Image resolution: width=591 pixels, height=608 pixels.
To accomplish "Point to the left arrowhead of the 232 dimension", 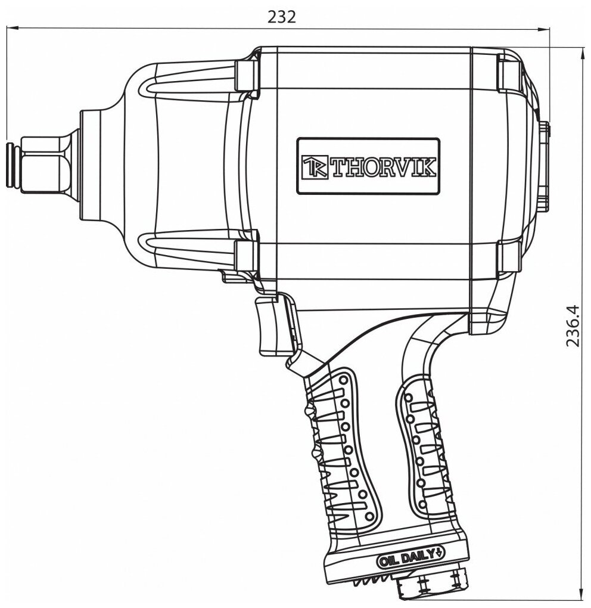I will (10, 27).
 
